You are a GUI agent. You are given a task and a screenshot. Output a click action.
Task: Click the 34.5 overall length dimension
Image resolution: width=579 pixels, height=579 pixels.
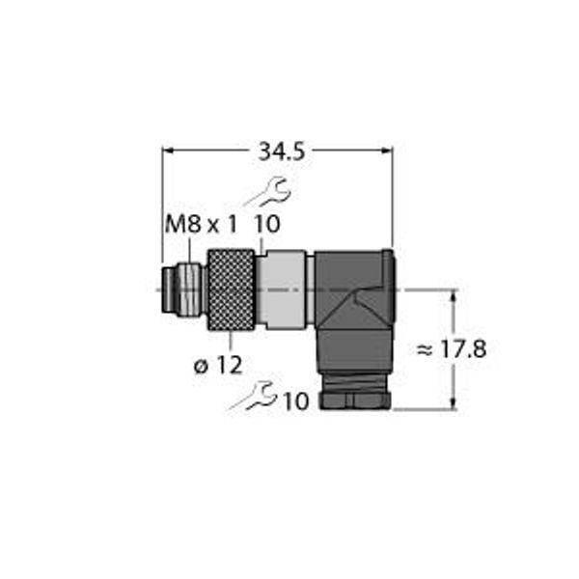tap(282, 152)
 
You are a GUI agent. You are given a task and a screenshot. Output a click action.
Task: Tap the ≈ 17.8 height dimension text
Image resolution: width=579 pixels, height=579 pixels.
tap(452, 349)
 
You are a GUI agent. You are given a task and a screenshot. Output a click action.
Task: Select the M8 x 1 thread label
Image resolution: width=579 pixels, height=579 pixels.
tap(201, 224)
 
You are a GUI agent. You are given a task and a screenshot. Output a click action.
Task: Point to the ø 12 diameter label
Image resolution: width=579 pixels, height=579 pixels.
tap(218, 365)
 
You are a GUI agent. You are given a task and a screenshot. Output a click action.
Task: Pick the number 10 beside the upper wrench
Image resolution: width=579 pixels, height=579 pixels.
tap(267, 224)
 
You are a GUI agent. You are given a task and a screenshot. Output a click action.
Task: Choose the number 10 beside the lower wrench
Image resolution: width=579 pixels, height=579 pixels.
tap(296, 401)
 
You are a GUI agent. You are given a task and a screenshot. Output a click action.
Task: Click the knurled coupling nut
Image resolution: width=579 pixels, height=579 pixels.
tap(231, 290)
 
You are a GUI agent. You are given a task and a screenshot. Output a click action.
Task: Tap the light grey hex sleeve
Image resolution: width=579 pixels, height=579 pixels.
tap(285, 289)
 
